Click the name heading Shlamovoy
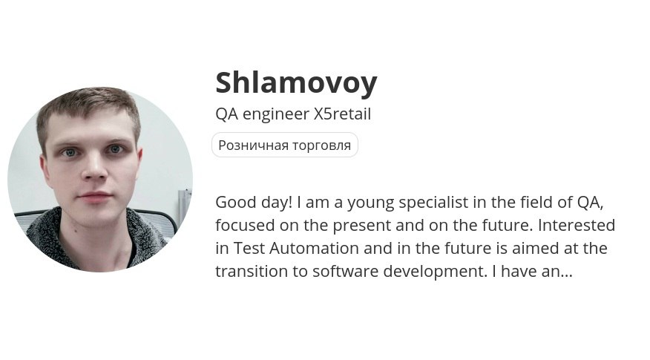[296, 83]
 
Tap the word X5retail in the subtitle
[342, 114]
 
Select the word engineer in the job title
[276, 115]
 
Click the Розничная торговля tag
[285, 145]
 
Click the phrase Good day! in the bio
[254, 203]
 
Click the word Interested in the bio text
[577, 225]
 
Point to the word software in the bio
[345, 271]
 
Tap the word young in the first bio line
[370, 203]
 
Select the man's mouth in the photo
[95, 196]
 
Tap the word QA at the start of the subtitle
[227, 114]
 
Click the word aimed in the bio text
[535, 248]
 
